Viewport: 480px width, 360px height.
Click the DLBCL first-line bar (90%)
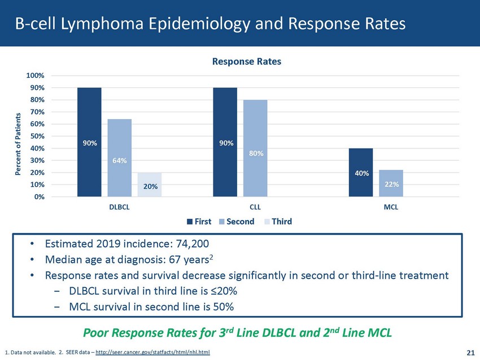(x=89, y=142)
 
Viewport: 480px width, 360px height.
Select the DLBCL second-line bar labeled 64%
(x=120, y=157)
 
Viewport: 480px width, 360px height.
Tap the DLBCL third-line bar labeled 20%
(x=150, y=185)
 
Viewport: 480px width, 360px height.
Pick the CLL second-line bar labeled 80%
(x=255, y=148)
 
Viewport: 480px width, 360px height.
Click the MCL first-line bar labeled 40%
(x=360, y=172)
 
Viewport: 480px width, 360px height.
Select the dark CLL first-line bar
(x=225, y=142)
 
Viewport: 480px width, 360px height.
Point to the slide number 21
(x=470, y=353)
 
